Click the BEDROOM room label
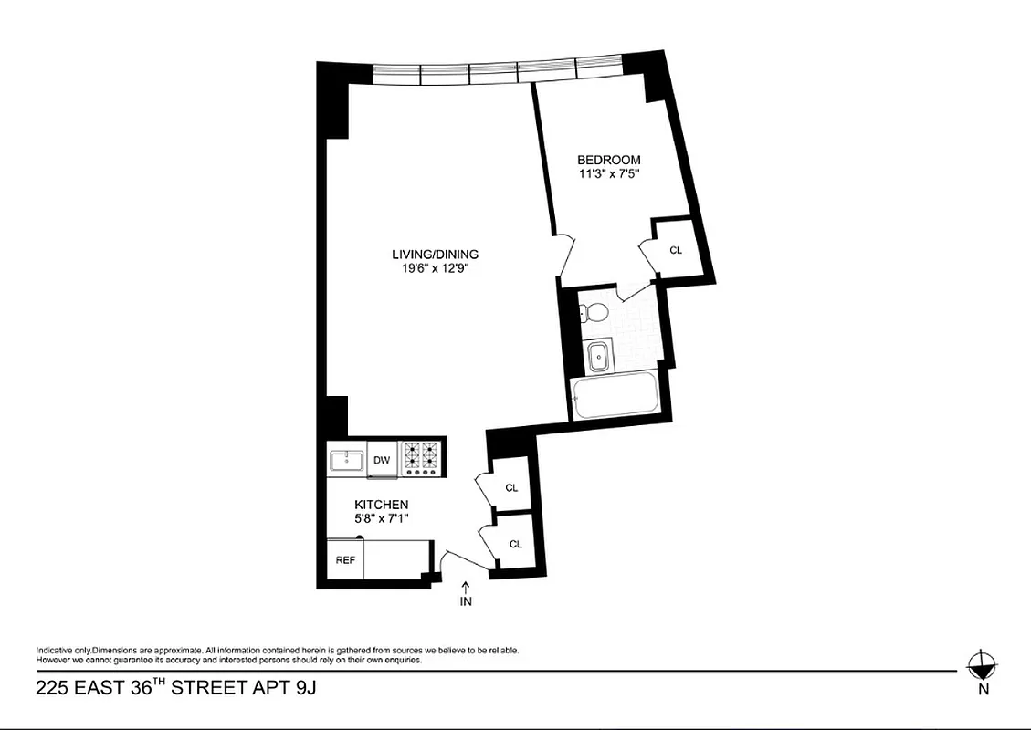609,160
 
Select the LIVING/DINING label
435,255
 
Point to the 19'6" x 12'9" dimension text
435,268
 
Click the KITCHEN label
381,505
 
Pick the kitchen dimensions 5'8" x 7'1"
381,518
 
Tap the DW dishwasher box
382,460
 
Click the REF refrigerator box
345,559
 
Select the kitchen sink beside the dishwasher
347,460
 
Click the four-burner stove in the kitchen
422,458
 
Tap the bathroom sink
598,357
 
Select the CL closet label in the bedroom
676,250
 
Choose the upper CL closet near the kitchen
511,488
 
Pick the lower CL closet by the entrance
515,544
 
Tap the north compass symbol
983,664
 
